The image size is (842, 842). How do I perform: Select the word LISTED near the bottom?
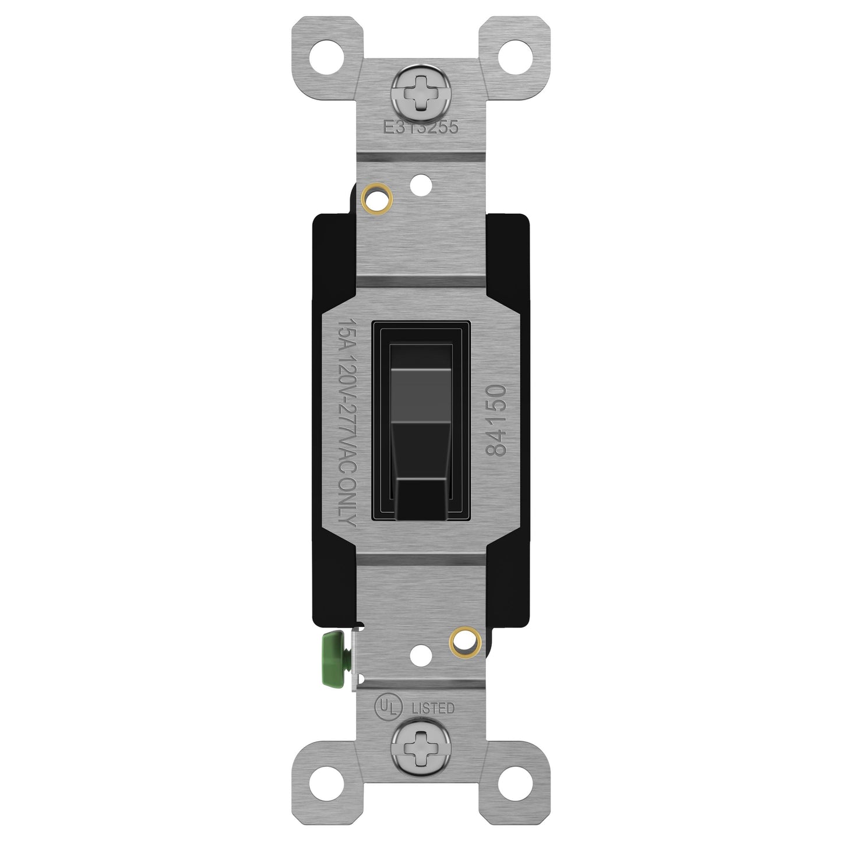point(433,709)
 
